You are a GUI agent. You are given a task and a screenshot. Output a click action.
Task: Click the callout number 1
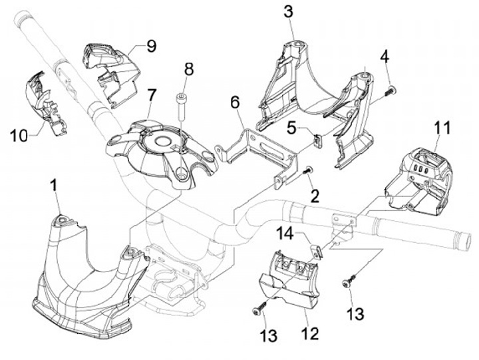pos(55,186)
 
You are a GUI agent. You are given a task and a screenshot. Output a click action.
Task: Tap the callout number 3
pos(288,11)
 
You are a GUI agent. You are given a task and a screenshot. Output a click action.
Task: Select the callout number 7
pos(152,96)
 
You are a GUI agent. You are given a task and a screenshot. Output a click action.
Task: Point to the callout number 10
pos(19,135)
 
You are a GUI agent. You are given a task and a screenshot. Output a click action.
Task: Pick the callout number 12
pos(310,333)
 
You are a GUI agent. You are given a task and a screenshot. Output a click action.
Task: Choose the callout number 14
pos(285,234)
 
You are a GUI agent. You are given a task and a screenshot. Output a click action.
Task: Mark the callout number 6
pos(235,102)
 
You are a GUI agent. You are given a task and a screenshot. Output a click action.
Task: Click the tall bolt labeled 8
pos(182,106)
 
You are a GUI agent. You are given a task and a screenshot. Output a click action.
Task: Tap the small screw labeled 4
pos(391,90)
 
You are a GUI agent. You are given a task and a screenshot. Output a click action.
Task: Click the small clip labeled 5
pos(317,140)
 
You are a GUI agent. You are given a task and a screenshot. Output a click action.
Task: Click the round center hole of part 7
pos(164,141)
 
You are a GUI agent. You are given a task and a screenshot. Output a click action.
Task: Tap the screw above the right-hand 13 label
pos(348,281)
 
